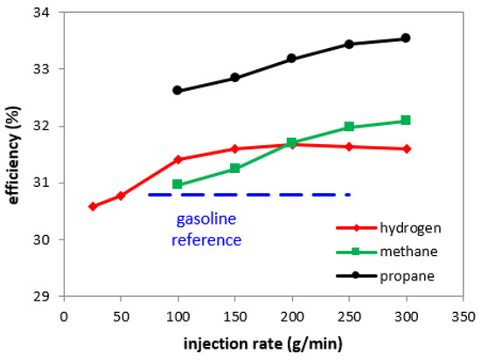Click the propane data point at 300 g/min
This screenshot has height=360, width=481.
(406, 38)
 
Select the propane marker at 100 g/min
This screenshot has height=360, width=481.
(178, 90)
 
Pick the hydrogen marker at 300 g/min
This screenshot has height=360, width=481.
(406, 149)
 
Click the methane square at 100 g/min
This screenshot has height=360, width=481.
(178, 184)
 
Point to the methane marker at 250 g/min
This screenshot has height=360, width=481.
(349, 127)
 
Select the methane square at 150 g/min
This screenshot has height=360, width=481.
(235, 168)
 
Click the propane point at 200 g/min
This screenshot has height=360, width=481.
(292, 59)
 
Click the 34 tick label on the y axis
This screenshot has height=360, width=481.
(41, 13)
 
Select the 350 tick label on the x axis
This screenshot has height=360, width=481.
(464, 315)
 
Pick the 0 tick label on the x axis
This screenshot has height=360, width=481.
(63, 315)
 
